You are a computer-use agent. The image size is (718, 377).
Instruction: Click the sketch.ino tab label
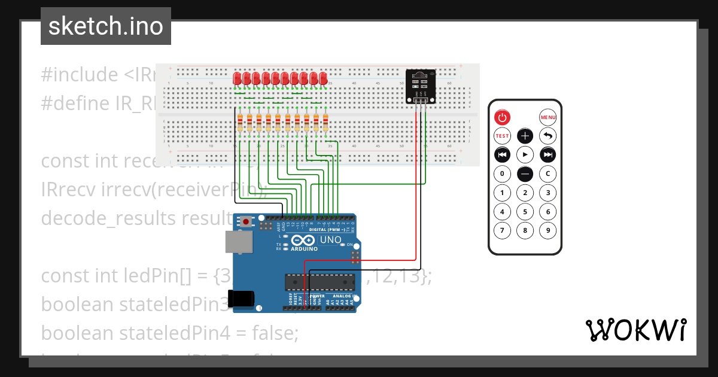(105, 26)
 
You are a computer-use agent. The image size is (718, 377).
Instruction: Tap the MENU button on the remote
(547, 117)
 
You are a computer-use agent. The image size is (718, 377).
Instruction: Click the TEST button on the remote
(502, 136)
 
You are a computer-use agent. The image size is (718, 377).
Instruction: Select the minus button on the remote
(525, 174)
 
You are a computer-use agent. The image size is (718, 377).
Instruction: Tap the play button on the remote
(525, 155)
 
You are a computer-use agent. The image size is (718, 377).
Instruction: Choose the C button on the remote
(547, 174)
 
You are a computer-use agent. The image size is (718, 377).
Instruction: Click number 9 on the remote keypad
(547, 230)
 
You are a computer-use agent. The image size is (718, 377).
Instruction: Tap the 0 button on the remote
(502, 174)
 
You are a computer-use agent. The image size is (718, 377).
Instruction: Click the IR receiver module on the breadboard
(421, 84)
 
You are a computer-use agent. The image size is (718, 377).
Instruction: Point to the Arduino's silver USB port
(238, 241)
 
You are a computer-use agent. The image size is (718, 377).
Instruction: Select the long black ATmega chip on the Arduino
(320, 282)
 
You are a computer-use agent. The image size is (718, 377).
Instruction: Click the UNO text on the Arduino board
(331, 240)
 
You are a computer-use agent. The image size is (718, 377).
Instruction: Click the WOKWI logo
(635, 330)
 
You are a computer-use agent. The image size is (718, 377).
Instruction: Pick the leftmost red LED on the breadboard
(238, 78)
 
